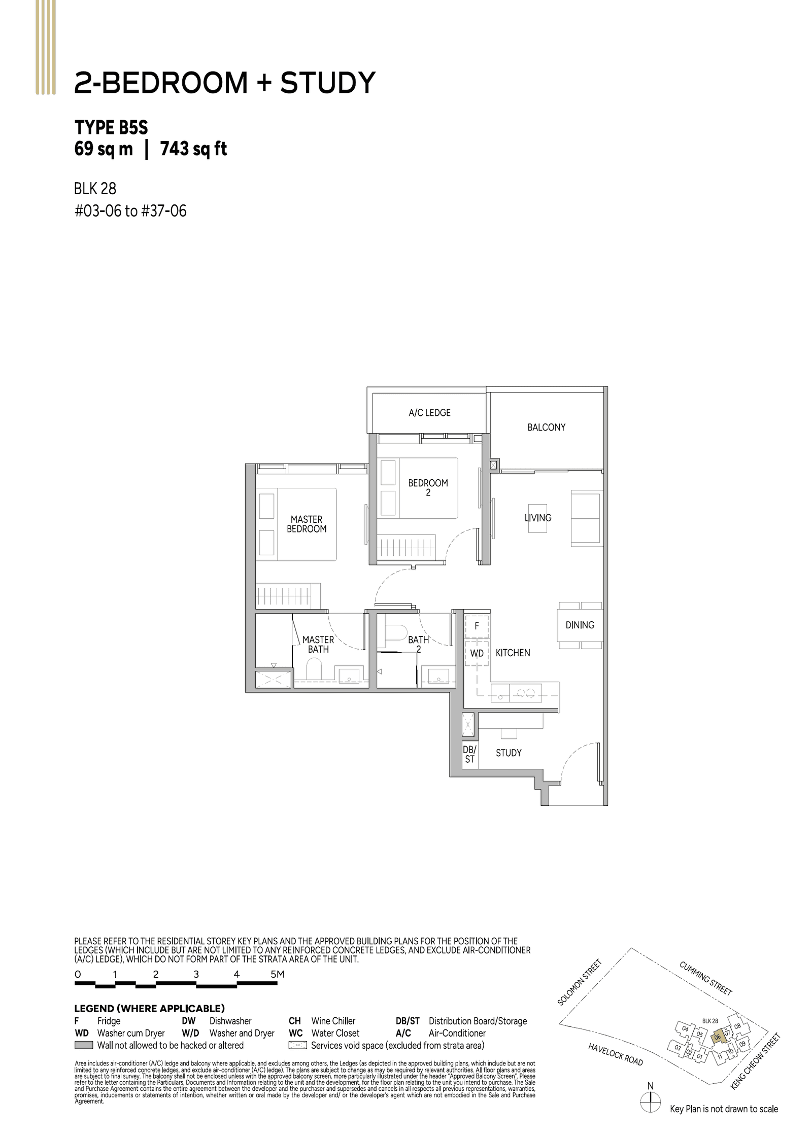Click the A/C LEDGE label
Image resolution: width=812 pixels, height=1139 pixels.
(429, 413)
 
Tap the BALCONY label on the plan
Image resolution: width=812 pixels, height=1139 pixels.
(546, 428)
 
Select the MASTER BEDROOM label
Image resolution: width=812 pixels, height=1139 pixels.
(307, 524)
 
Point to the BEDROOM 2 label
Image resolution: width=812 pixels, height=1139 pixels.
(428, 487)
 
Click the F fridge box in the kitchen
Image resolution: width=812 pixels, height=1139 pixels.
(477, 626)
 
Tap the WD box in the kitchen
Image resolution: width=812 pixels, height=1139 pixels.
(477, 654)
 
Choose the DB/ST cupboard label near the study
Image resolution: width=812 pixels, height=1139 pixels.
(469, 754)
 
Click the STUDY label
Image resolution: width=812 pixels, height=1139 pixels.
(509, 753)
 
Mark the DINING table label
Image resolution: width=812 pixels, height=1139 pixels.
(580, 625)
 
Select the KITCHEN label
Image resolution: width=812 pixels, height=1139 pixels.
(513, 653)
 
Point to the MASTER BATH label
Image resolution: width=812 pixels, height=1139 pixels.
(318, 645)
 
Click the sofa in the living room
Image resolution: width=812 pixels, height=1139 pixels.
(586, 518)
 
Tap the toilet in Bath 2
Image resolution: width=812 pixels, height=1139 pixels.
(395, 634)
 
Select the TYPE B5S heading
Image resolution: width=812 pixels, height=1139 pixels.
(111, 127)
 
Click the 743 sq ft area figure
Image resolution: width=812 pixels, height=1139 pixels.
(193, 149)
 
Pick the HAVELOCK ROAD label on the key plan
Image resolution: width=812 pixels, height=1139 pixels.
(615, 1054)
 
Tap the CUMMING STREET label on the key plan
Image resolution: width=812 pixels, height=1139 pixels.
(705, 978)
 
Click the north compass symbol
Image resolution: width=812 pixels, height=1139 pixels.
(650, 1102)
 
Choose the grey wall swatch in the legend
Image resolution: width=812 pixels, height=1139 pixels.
(84, 1045)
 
